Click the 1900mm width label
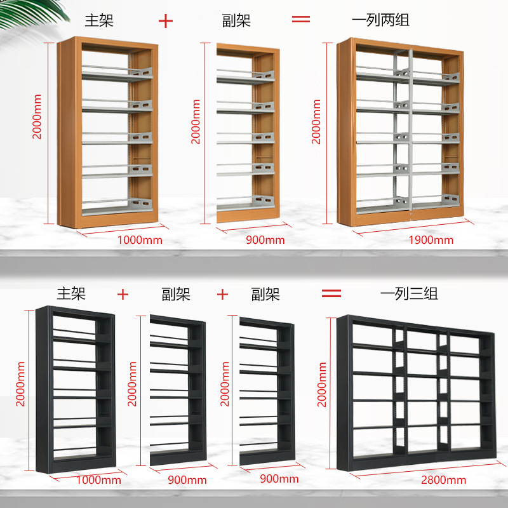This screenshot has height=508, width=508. pyautogui.click(x=431, y=239)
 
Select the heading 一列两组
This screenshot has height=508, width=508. pyautogui.click(x=380, y=20)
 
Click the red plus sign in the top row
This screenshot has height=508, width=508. pyautogui.click(x=165, y=20)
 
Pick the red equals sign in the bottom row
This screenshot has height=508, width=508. pyautogui.click(x=331, y=293)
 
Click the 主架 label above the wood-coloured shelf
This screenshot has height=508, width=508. pyautogui.click(x=100, y=20)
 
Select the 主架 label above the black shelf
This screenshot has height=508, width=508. pyautogui.click(x=70, y=294)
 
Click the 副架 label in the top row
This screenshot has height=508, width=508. pyautogui.click(x=237, y=20)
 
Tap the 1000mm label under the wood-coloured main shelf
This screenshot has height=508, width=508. pyautogui.click(x=140, y=239)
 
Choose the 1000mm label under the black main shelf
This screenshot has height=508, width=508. pyautogui.click(x=98, y=479)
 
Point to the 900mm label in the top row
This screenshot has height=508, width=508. pyautogui.click(x=265, y=239)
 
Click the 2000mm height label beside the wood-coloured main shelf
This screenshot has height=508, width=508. pyautogui.click(x=37, y=117)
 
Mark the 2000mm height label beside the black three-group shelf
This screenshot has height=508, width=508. pyautogui.click(x=322, y=384)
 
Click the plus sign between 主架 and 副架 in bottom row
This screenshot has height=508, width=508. pyautogui.click(x=123, y=295)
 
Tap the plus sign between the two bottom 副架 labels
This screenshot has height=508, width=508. pyautogui.click(x=222, y=295)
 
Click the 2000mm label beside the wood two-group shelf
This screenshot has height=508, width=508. pyautogui.click(x=316, y=121)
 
